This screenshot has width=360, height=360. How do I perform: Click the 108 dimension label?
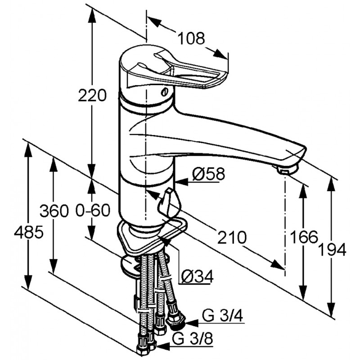[x=191, y=38]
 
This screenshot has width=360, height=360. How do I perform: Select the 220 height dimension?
[x=92, y=95]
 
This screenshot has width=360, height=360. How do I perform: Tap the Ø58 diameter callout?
[x=208, y=174]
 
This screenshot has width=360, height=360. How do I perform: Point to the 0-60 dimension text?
[x=93, y=210]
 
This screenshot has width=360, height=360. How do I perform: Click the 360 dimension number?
[x=54, y=211]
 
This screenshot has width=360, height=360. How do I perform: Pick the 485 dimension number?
[x=29, y=232]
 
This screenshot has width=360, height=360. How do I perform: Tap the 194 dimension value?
[x=333, y=250]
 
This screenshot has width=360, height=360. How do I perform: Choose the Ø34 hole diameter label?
[x=197, y=276]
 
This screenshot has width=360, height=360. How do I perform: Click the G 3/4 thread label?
[x=222, y=317]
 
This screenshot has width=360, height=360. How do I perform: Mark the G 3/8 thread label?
[x=193, y=338]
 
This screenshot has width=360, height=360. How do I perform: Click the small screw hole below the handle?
[x=165, y=92]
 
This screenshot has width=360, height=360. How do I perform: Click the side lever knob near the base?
[x=166, y=202]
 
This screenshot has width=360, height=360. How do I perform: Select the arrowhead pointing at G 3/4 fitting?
[x=192, y=323]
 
